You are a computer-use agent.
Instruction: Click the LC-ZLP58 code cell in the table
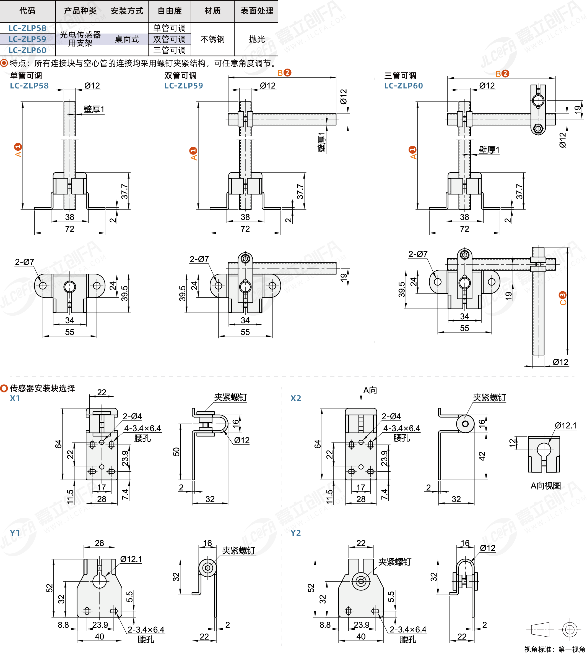[x=27, y=28]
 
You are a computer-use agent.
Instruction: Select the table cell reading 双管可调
[x=169, y=39]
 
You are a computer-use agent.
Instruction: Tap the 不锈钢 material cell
[x=212, y=39]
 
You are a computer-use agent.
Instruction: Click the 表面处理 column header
[x=257, y=11]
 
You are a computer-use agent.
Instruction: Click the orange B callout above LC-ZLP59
[x=284, y=73]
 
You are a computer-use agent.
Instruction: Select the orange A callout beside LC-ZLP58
[x=18, y=150]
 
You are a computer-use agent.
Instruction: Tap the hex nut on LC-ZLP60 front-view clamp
[x=538, y=129]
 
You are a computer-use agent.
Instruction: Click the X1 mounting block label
[x=15, y=398]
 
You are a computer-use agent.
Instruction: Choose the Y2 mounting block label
[x=295, y=533]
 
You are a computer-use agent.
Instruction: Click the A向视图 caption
[x=546, y=486]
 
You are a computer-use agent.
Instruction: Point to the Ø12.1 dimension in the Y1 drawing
[x=131, y=559]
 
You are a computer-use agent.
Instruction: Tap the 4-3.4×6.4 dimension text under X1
[x=142, y=428]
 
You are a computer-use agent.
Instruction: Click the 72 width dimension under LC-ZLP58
[x=70, y=229]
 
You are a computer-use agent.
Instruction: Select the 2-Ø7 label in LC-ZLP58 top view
[x=25, y=262]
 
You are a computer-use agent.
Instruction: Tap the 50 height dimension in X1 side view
[x=176, y=452]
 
